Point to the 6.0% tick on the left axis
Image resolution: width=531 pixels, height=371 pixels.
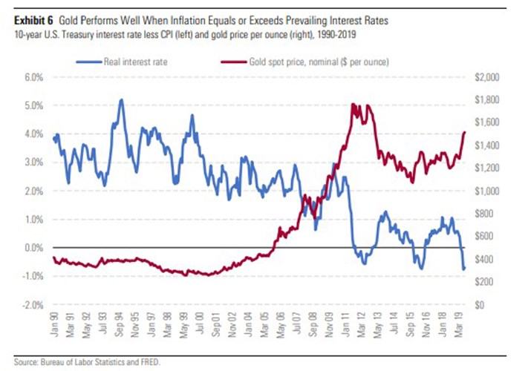[34, 76]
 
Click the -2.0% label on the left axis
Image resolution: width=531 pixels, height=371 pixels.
[33, 305]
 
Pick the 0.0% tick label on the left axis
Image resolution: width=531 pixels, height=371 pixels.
[34, 248]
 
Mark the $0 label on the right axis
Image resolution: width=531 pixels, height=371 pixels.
[481, 305]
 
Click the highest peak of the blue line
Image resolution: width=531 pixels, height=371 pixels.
[121, 99]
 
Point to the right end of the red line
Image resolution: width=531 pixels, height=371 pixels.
[465, 132]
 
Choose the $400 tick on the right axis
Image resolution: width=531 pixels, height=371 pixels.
[484, 259]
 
